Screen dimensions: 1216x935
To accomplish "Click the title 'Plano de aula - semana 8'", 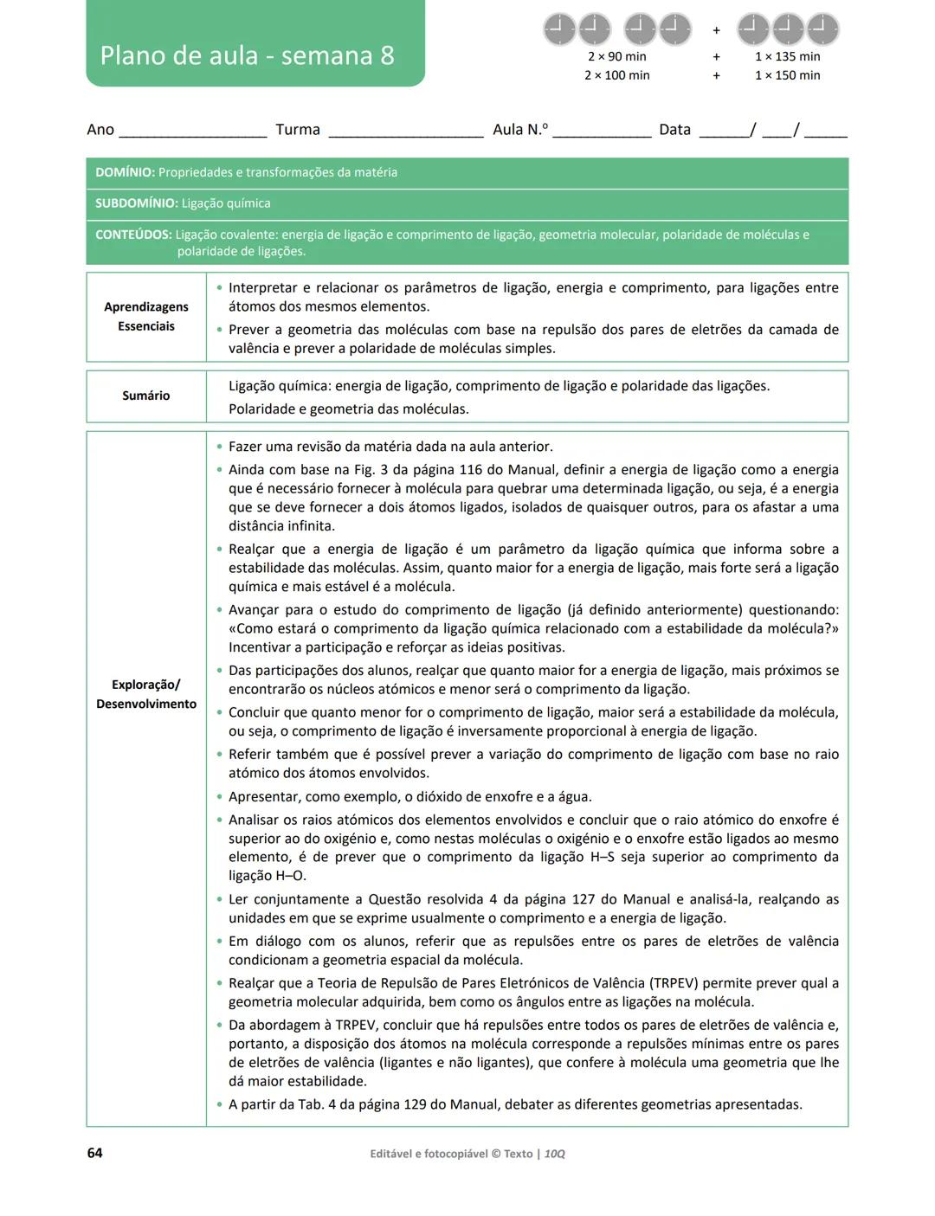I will pos(247,55).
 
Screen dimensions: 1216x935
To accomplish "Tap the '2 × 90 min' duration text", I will pos(616,56).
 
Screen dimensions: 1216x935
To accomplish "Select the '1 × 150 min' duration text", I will pos(787,75).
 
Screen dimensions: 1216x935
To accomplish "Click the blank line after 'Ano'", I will pos(192,134).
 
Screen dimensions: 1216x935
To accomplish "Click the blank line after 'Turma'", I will pos(405,134).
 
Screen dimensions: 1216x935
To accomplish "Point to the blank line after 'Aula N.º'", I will pos(602,134).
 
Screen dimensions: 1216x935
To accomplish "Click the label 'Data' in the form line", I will pos(674,130).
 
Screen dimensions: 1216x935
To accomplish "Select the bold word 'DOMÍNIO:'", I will pos(125,172).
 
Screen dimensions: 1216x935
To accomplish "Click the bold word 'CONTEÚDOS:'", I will pos(133,235).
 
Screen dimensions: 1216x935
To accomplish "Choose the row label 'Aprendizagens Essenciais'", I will pos(145,317).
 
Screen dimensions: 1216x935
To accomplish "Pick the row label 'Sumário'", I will pos(145,396).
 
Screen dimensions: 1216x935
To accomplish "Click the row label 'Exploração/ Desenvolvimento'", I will pos(145,694).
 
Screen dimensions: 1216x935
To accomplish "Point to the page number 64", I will pos(94,1153).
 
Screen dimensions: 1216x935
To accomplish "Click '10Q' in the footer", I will pos(554,1154).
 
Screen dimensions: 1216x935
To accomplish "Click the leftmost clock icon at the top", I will pos(559,29).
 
